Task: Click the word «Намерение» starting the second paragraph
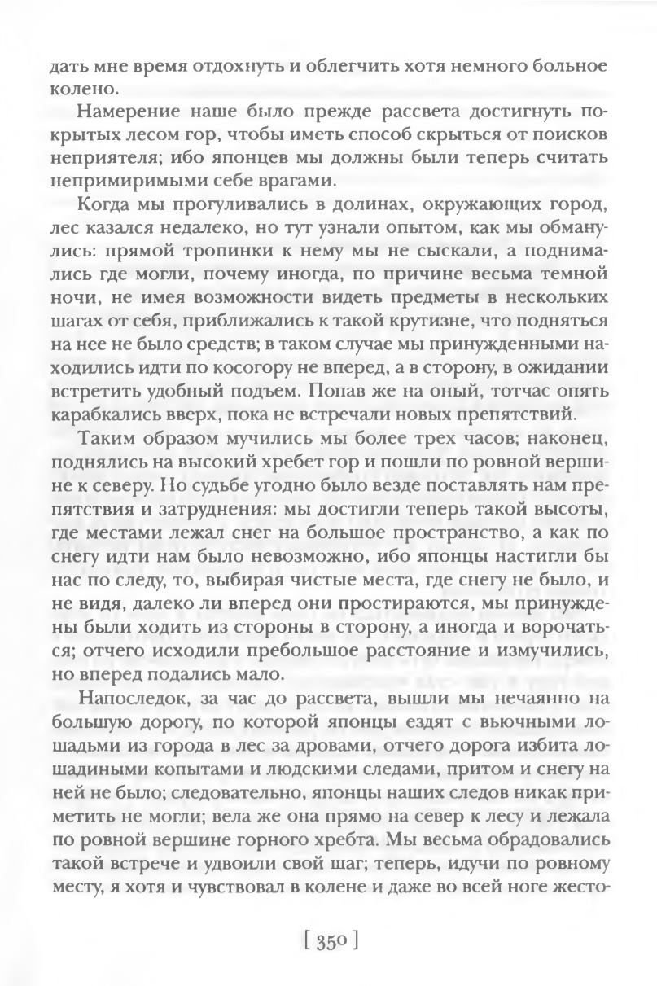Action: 123,108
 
